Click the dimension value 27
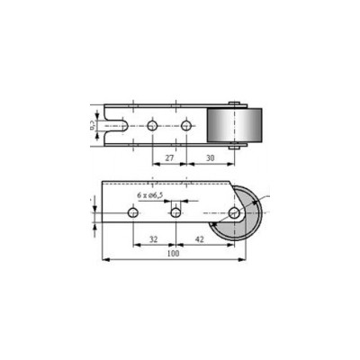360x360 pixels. pos(169,157)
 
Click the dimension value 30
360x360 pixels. pos(210,157)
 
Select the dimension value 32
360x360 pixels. pos(153,240)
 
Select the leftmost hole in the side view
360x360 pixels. pos(133,213)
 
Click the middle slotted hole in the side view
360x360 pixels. pos(176,213)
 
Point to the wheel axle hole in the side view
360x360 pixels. pos(234,213)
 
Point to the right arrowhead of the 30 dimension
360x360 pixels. pos(233,165)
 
